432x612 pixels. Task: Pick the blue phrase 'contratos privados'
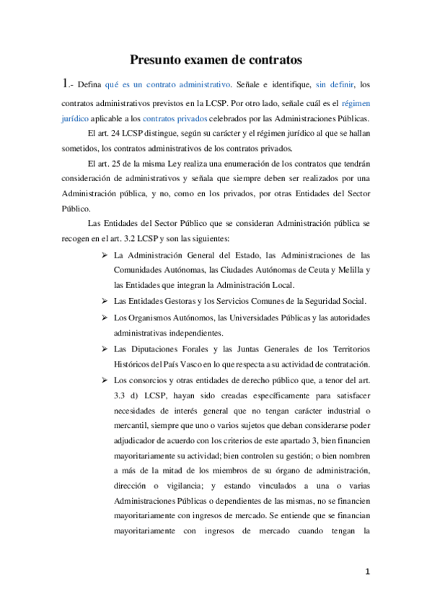click(x=175, y=118)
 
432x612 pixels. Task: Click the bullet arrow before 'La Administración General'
click(x=105, y=255)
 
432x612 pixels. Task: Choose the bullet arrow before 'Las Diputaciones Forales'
click(x=105, y=349)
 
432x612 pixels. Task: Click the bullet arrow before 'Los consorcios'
click(x=105, y=380)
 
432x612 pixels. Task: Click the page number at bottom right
click(x=367, y=572)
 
